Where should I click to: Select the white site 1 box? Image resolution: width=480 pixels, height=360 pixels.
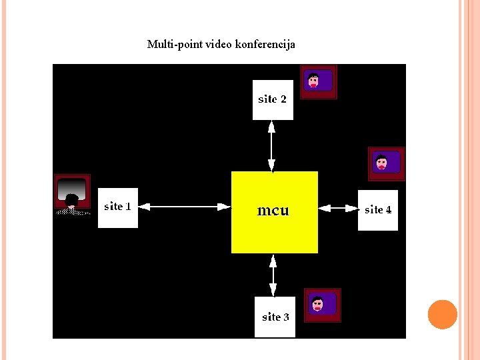tap(118, 208)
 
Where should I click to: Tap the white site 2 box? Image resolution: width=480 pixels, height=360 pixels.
tap(273, 100)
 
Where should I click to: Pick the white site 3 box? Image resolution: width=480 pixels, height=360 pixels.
tap(275, 317)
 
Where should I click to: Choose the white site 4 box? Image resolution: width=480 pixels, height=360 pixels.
tap(378, 210)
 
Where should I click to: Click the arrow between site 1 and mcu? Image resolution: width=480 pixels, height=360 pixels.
tap(184, 207)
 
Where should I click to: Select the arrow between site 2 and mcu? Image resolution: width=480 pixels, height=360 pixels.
tap(272, 145)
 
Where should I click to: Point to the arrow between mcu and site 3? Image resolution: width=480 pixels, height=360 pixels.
tap(273, 275)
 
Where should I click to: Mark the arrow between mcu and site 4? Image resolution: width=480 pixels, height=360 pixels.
tap(338, 209)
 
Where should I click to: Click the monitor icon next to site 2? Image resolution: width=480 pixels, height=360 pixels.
tap(318, 82)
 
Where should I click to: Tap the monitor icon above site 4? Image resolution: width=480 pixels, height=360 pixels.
tap(387, 163)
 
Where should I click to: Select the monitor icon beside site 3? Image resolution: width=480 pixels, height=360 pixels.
tap(323, 305)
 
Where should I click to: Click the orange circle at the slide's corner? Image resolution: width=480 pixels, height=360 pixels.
tap(443, 315)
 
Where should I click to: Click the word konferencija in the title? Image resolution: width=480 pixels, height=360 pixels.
tap(265, 45)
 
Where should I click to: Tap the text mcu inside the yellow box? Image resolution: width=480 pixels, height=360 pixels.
tap(273, 211)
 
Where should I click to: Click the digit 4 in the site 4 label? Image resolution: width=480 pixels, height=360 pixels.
tap(389, 210)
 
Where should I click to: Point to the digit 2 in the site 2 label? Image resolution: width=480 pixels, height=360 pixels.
tap(283, 99)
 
